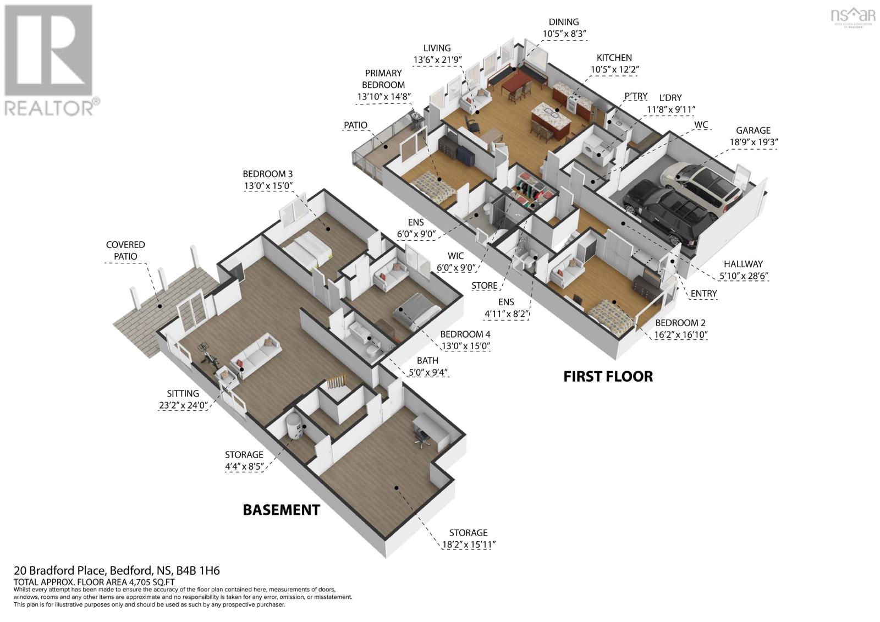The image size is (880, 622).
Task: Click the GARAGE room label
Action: pyautogui.click(x=753, y=130)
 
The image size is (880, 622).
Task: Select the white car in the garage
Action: pyautogui.click(x=701, y=184)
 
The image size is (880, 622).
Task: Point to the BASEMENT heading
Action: pyautogui.click(x=281, y=510)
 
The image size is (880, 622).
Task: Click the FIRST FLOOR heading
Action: pyautogui.click(x=608, y=377)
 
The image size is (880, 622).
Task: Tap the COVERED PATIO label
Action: pyautogui.click(x=125, y=250)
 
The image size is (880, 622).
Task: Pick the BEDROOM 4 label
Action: pyautogui.click(x=465, y=334)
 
